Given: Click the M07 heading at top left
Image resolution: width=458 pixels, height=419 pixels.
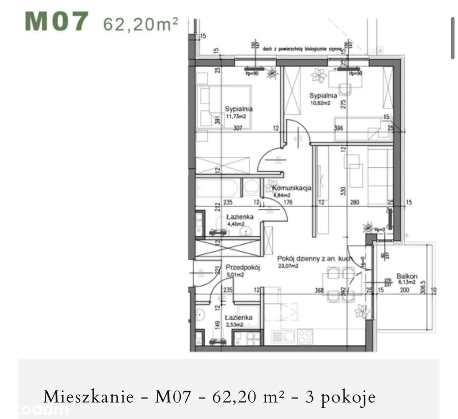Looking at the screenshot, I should click(x=57, y=22).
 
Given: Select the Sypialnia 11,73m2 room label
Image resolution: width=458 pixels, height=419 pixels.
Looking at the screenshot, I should click(x=239, y=112).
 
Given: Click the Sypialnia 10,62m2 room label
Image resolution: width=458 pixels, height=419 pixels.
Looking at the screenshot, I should click(x=323, y=98).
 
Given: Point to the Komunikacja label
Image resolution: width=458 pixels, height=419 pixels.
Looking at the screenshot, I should click(x=293, y=189).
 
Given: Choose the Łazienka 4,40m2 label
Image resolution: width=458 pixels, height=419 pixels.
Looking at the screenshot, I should click(x=240, y=220).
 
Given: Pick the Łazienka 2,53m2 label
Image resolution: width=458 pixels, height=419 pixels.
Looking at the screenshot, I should click(x=238, y=321).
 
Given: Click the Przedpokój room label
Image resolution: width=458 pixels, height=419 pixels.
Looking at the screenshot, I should click(x=243, y=271).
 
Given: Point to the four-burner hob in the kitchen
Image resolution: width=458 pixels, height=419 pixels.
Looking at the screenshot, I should click(x=304, y=336).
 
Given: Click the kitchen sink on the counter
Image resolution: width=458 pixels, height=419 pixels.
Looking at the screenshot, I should click(x=283, y=336).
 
